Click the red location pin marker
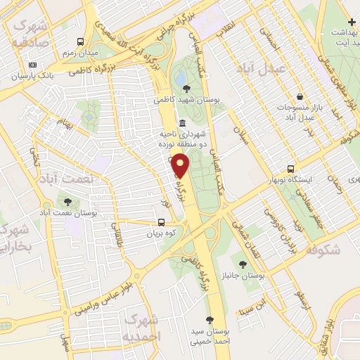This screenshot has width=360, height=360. (x=181, y=165)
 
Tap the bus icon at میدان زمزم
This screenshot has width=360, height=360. (x=80, y=42)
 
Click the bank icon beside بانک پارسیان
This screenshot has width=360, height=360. (x=32, y=65)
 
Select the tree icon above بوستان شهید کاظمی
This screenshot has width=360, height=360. (x=186, y=89)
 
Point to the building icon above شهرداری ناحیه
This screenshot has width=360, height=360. (x=183, y=124)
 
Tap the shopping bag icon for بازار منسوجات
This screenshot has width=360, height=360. (x=300, y=96)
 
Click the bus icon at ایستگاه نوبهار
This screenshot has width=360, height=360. (x=291, y=169)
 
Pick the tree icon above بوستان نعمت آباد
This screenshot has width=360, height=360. (x=67, y=202)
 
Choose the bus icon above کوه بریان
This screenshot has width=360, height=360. (x=162, y=223)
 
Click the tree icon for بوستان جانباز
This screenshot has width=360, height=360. (x=243, y=265)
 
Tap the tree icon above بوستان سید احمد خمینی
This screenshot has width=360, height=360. (x=209, y=319)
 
